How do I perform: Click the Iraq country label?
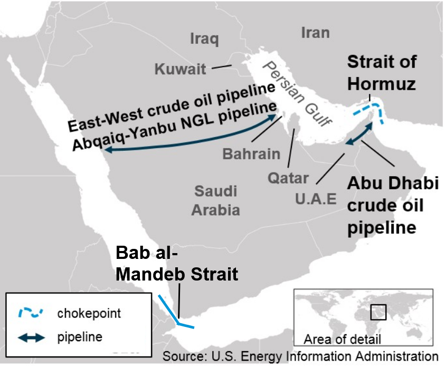pos(204,39)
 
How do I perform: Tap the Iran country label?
pos(315,33)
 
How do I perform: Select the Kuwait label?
pos(180,69)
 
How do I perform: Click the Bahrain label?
pos(251,154)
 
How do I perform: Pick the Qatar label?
pos(288,177)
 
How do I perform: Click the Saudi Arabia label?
pos(215,200)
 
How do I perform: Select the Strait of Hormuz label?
pos(381,72)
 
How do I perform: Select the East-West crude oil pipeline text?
pos(171,107)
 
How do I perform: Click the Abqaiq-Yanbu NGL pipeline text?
pos(174,126)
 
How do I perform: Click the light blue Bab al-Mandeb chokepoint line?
pos(170,310)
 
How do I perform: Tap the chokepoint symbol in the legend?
pos(29,313)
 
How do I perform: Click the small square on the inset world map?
pos(378,312)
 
